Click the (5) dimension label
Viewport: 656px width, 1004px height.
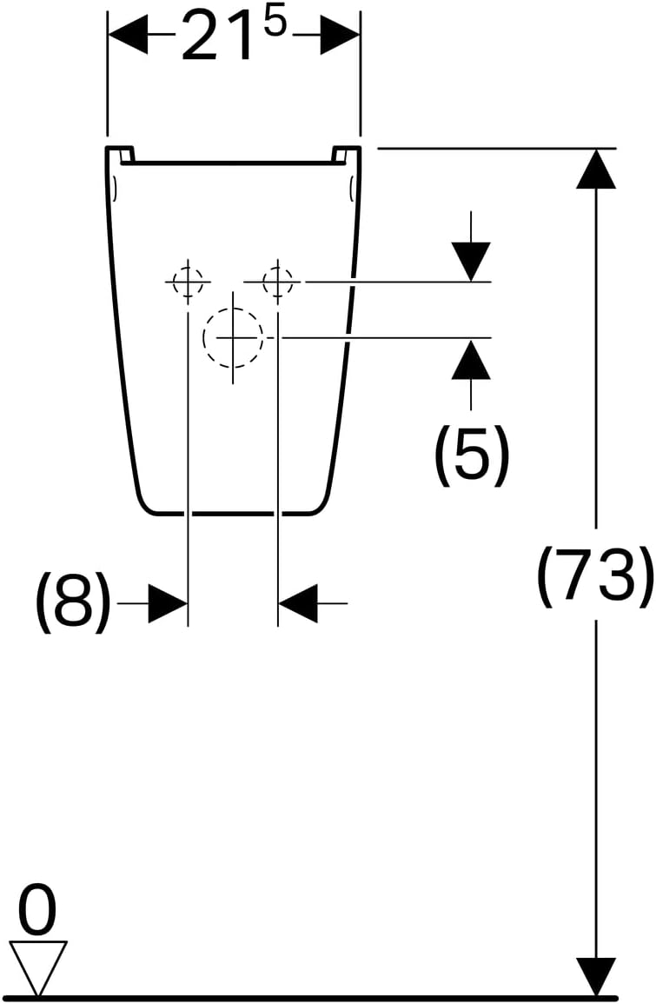tap(472, 454)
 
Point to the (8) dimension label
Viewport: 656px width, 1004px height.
tap(72, 602)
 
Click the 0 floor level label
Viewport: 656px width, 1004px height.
tap(37, 908)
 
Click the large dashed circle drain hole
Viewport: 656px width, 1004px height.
tap(233, 337)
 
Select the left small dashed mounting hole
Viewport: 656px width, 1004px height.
tap(188, 281)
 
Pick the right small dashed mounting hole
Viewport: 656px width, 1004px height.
tap(278, 281)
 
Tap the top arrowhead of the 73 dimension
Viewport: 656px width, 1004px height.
tap(596, 169)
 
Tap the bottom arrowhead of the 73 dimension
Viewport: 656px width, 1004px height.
tap(596, 977)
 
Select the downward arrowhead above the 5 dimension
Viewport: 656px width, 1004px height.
tap(471, 262)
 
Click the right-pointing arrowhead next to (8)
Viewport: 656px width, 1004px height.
tap(168, 602)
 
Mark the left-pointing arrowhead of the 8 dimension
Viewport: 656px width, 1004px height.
tap(298, 602)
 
